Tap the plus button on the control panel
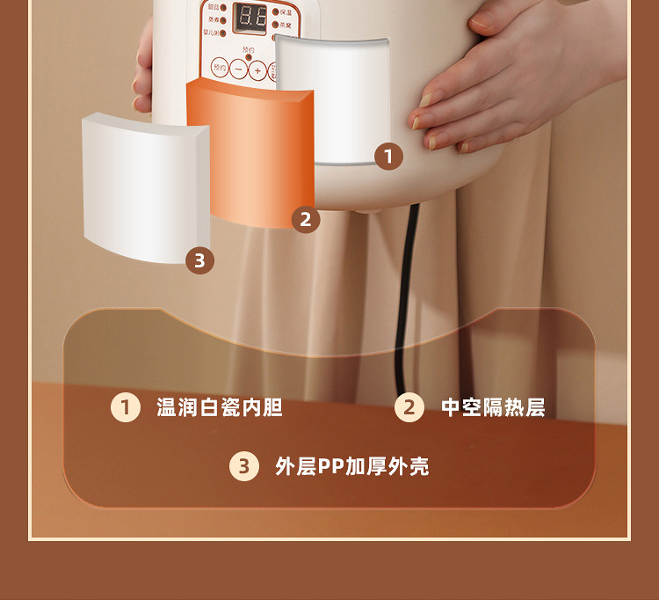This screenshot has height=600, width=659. tap(257, 70)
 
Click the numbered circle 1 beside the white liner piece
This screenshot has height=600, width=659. tap(387, 157)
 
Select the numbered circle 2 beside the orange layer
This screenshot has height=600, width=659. tap(305, 219)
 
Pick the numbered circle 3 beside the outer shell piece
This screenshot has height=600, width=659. tap(199, 260)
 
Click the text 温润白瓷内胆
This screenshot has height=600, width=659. tap(220, 407)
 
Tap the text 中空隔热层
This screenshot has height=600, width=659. tap(493, 407)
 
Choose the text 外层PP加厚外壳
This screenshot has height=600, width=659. tap(351, 466)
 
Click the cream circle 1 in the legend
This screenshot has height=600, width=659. tap(126, 407)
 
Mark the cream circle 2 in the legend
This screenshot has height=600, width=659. tap(409, 407)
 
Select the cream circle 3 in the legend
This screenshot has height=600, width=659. tap(244, 466)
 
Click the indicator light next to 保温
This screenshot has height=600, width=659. tap(275, 12)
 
